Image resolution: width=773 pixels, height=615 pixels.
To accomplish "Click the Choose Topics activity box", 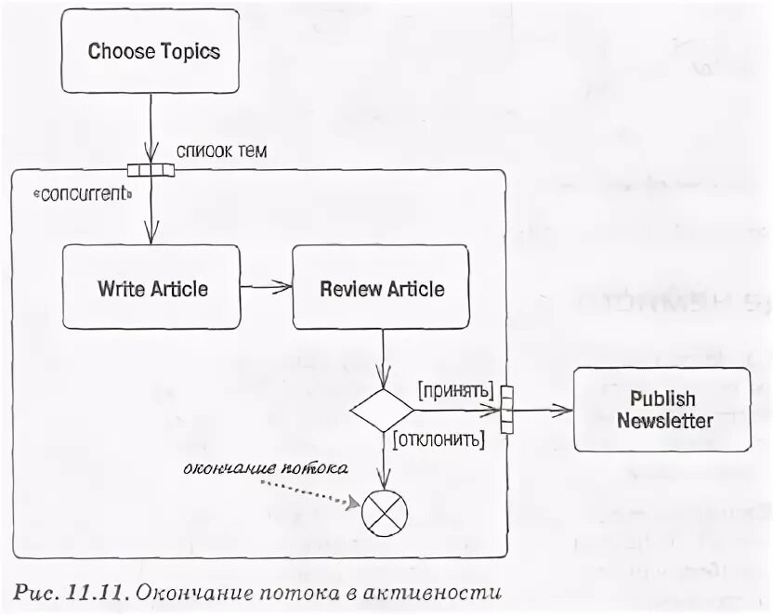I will [x=153, y=51].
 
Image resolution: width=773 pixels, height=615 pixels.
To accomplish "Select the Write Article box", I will [x=151, y=289].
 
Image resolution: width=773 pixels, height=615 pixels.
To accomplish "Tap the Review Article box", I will [x=381, y=289].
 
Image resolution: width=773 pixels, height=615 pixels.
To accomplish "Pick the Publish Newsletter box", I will [x=662, y=410].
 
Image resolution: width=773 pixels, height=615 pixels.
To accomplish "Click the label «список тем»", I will [x=221, y=150].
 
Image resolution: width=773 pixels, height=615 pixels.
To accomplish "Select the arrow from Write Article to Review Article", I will [x=266, y=289].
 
